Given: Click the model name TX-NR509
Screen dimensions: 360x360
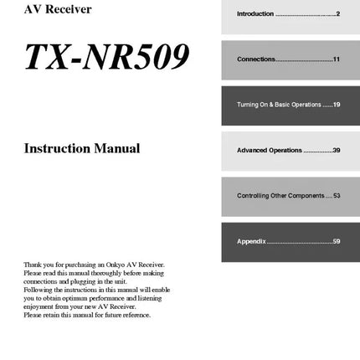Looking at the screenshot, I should (x=106, y=57).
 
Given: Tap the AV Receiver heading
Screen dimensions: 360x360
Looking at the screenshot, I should (x=58, y=10).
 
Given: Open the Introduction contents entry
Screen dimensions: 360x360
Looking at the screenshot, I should (x=255, y=14).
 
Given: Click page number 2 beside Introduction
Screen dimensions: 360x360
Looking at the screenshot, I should (x=337, y=14).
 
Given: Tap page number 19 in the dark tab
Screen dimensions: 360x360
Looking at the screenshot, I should (x=336, y=105).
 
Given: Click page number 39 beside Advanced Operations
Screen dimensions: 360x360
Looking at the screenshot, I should (x=336, y=150).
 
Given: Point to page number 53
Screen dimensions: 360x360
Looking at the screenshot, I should (x=336, y=195).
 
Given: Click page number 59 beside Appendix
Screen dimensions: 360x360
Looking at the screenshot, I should (x=336, y=241).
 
